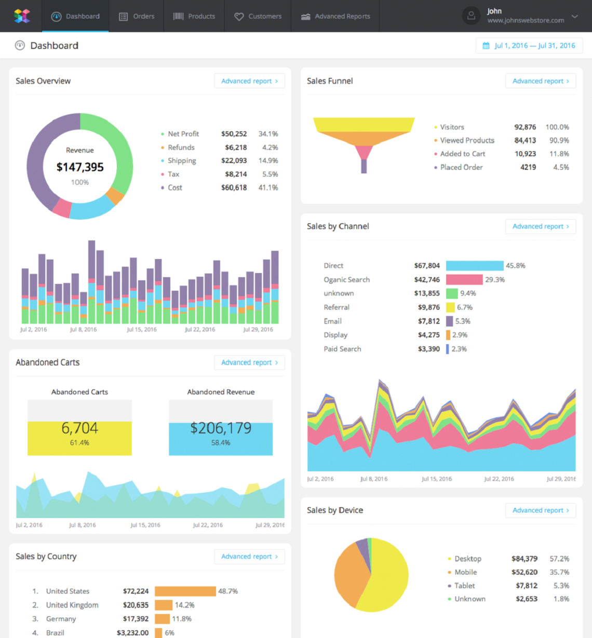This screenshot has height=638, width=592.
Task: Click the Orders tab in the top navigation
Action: pyautogui.click(x=137, y=16)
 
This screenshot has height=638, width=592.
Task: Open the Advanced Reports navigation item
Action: pyautogui.click(x=335, y=16)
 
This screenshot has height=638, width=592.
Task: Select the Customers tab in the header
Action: pyautogui.click(x=258, y=16)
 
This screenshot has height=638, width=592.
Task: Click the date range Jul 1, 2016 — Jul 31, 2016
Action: pyautogui.click(x=529, y=46)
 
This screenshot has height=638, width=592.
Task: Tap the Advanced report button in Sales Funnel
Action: pyautogui.click(x=540, y=81)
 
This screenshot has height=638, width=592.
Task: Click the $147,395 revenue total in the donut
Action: pyautogui.click(x=80, y=167)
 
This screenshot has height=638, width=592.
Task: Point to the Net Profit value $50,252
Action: pyautogui.click(x=234, y=134)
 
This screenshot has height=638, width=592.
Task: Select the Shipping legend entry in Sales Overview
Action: pyautogui.click(x=182, y=161)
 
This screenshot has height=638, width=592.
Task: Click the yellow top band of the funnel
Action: pyautogui.click(x=364, y=125)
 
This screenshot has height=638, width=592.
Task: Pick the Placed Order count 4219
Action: pyautogui.click(x=528, y=167)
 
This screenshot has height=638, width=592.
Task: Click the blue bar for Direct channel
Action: pyautogui.click(x=475, y=266)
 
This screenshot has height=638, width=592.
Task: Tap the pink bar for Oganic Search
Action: pyautogui.click(x=464, y=280)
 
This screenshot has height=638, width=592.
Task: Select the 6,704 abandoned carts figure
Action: pyautogui.click(x=79, y=428)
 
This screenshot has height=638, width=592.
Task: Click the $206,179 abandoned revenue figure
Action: pyautogui.click(x=221, y=428)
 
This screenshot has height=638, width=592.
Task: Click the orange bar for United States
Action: pyautogui.click(x=185, y=591)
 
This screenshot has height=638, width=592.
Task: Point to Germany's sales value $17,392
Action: pyautogui.click(x=136, y=619)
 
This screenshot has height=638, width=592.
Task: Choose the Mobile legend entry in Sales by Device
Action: pyautogui.click(x=465, y=572)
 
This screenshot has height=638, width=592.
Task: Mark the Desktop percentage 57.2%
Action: pyautogui.click(x=559, y=559)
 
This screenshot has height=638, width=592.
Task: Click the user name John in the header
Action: pyautogui.click(x=494, y=11)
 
